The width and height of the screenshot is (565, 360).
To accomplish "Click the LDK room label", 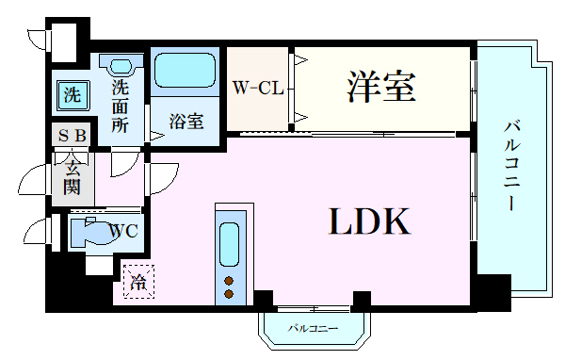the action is pos(369,221).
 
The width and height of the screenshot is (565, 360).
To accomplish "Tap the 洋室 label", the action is pos(381,87).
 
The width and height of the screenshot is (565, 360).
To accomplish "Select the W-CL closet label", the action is pos(258,88).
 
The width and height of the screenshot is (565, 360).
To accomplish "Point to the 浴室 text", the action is pos(186,122).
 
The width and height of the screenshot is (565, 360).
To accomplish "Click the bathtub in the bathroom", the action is pos(185,71).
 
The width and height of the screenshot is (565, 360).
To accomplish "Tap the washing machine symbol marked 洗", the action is pos(73,95).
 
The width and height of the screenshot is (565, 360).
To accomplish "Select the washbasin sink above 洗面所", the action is pos(121,65).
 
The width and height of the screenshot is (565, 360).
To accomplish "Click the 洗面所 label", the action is pos(120,106).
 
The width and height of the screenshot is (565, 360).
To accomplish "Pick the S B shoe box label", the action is pos(73,136).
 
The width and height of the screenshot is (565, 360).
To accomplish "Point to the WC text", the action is pos(123,231).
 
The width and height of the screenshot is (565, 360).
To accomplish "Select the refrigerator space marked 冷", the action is pos(138,282).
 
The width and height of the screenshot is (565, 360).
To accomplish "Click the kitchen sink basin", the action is pos(229,244).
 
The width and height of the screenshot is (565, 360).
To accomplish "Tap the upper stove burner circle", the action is pos(229,281).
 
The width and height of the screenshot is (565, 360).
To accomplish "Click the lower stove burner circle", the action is pos(229,294).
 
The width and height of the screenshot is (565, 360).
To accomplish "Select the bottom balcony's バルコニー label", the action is pos(313,329).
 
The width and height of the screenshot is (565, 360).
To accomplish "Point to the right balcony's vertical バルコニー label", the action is pos(511,166).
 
